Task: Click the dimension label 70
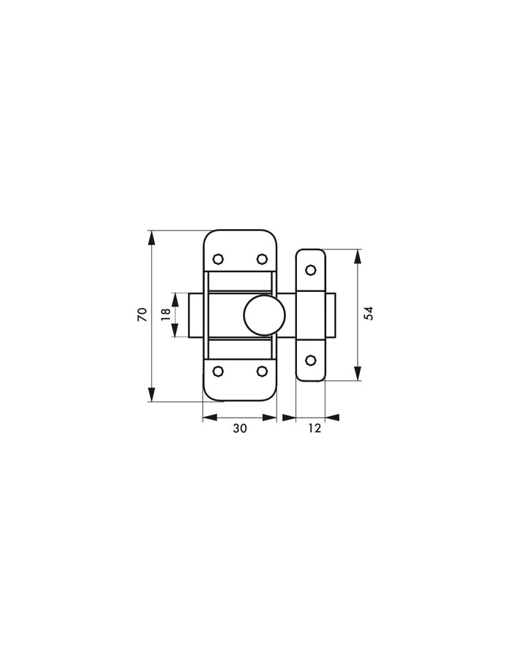click(142, 315)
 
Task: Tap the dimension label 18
click(166, 315)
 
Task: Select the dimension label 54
click(369, 313)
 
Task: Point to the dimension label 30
click(239, 428)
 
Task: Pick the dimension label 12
click(314, 428)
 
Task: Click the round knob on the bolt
click(264, 315)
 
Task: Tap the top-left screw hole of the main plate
click(218, 258)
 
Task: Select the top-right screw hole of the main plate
click(262, 258)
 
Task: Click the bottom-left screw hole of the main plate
click(218, 371)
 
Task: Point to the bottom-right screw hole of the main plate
click(262, 371)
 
